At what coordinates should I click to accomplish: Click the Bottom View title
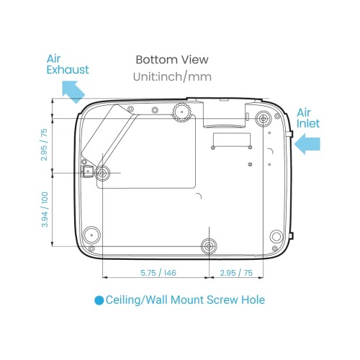(x=172, y=60)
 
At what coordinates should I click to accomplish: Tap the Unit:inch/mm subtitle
(x=172, y=77)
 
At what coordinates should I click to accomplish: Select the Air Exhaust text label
(x=68, y=64)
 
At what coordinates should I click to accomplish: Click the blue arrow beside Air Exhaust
(x=73, y=91)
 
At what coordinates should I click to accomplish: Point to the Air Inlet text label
(x=308, y=118)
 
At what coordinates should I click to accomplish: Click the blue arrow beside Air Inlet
(x=307, y=144)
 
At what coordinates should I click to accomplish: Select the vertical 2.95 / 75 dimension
(x=44, y=145)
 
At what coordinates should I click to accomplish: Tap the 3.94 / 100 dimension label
(x=45, y=210)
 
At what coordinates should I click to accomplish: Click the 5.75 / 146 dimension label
(x=158, y=273)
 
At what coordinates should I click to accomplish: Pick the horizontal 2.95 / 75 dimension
(x=236, y=273)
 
